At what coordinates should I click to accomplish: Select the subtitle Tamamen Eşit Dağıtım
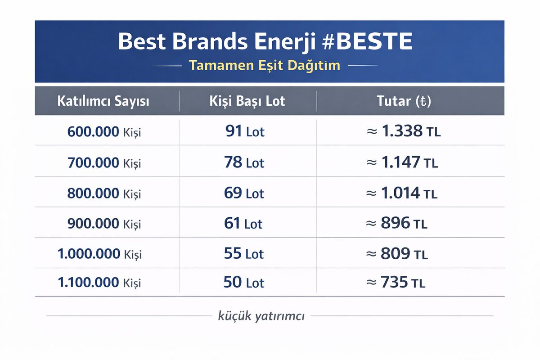[x=265, y=65]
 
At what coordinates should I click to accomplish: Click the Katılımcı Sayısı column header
[x=103, y=101]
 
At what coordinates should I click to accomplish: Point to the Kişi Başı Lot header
[x=247, y=101]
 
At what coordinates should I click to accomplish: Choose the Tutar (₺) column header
[x=404, y=101]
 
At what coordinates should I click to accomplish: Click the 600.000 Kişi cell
[x=104, y=132]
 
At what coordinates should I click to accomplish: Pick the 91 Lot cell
[x=245, y=132]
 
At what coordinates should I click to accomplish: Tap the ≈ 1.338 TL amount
[x=402, y=131]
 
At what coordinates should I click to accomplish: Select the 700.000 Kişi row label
[x=104, y=163]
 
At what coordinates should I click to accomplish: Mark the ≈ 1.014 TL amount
[x=402, y=193]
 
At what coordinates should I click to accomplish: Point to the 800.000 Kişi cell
[x=104, y=193]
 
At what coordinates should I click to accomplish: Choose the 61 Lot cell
[x=243, y=223]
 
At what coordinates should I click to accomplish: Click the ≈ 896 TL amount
[x=397, y=223]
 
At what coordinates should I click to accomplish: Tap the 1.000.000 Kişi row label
[x=99, y=254]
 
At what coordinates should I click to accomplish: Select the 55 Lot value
[x=244, y=254]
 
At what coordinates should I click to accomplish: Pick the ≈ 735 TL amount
[x=396, y=283]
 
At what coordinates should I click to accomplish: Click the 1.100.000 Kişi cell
[x=99, y=283]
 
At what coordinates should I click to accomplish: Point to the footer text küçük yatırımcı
[x=261, y=316]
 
